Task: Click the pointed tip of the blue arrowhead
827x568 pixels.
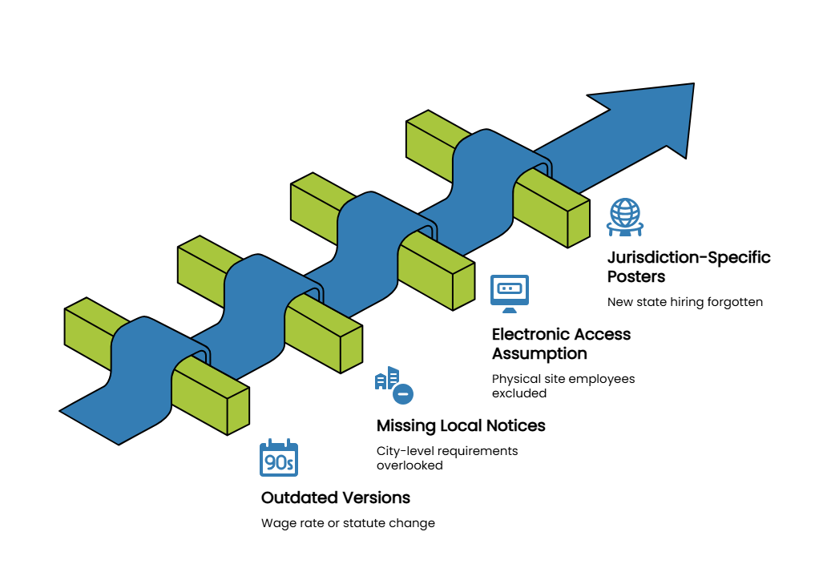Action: coord(691,87)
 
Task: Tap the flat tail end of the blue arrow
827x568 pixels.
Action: coord(90,426)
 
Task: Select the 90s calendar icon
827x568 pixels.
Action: coord(279,459)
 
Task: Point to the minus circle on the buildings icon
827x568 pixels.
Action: coord(403,394)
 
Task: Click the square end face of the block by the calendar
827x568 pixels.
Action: coord(238,411)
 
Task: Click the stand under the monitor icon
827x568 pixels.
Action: coord(510,310)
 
